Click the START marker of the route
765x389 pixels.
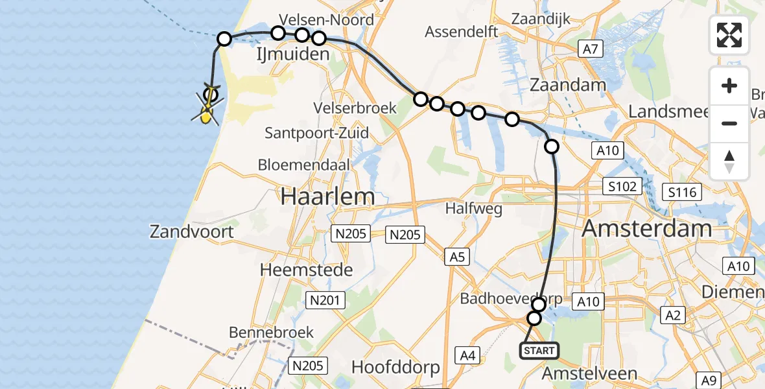539,351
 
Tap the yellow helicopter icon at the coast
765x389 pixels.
207,115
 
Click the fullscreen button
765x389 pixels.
729,35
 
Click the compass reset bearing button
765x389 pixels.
729,161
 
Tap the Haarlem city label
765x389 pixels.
327,196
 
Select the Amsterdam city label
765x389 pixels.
646,228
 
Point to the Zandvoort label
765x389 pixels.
191,231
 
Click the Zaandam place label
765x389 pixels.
568,85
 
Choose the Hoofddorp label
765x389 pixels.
395,367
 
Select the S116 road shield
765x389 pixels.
683,191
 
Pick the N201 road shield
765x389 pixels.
326,300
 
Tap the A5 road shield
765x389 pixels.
457,257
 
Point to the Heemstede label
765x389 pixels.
306,269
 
